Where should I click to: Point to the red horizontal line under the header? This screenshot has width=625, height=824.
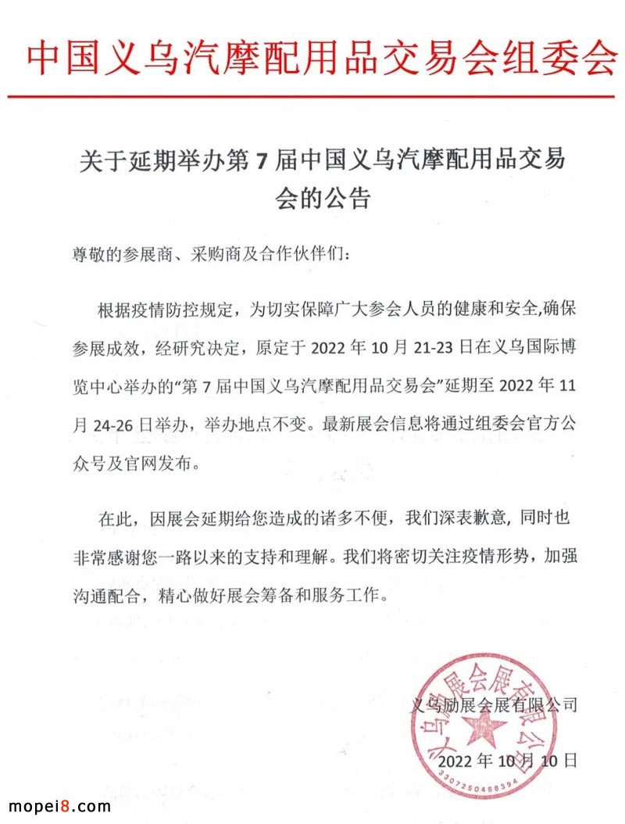312,97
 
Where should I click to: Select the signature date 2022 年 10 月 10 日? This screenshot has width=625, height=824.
508,759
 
